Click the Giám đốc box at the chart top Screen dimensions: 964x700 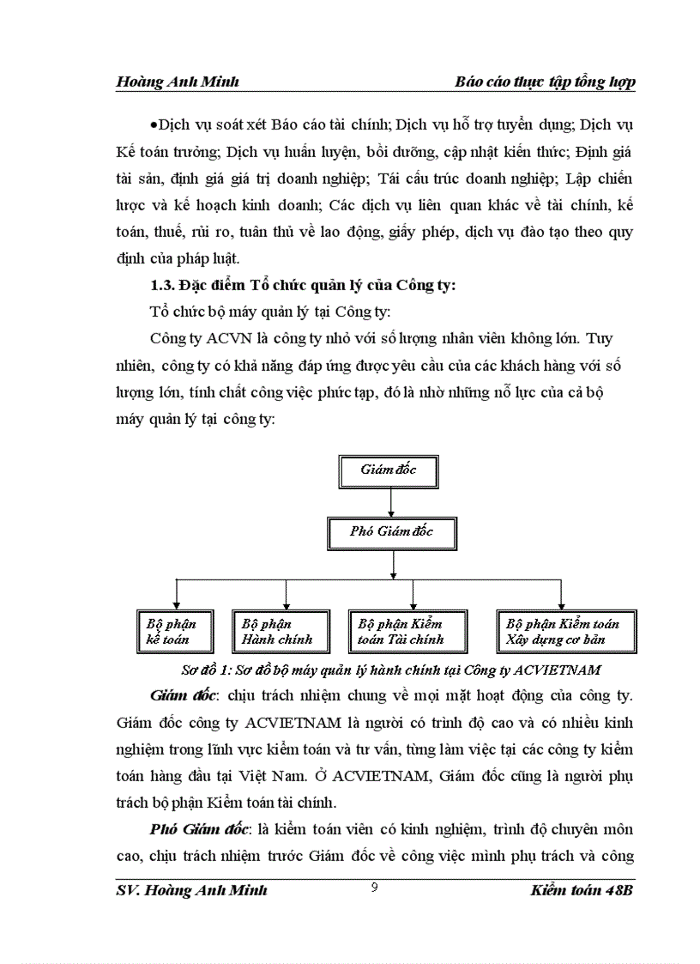[391, 470]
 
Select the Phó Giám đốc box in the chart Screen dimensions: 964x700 [391, 531]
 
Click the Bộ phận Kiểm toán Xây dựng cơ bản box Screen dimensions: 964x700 [563, 632]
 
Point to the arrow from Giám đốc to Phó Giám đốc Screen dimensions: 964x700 [391, 500]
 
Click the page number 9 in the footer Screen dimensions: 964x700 [374, 888]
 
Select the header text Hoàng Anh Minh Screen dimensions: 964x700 [177, 82]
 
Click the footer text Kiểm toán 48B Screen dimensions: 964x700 [581, 891]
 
